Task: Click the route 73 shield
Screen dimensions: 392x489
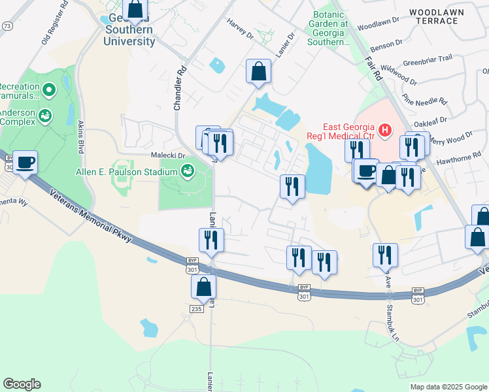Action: point(7,26)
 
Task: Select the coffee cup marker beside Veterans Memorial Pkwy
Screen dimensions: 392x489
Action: point(25,162)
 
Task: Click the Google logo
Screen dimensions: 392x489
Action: point(22,384)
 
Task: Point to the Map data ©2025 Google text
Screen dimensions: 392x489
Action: point(448,387)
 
